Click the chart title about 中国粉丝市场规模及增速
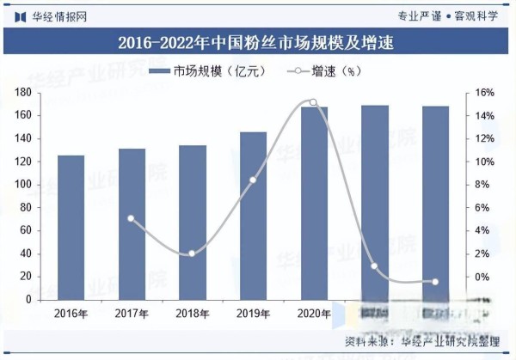[x=258, y=42]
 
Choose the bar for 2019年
[x=253, y=216]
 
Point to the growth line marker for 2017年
[x=132, y=218]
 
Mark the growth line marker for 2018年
[x=192, y=253]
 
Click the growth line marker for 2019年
[x=253, y=180]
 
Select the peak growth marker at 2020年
[x=313, y=102]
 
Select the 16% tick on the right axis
[x=483, y=92]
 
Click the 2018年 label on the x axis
[x=192, y=314]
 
